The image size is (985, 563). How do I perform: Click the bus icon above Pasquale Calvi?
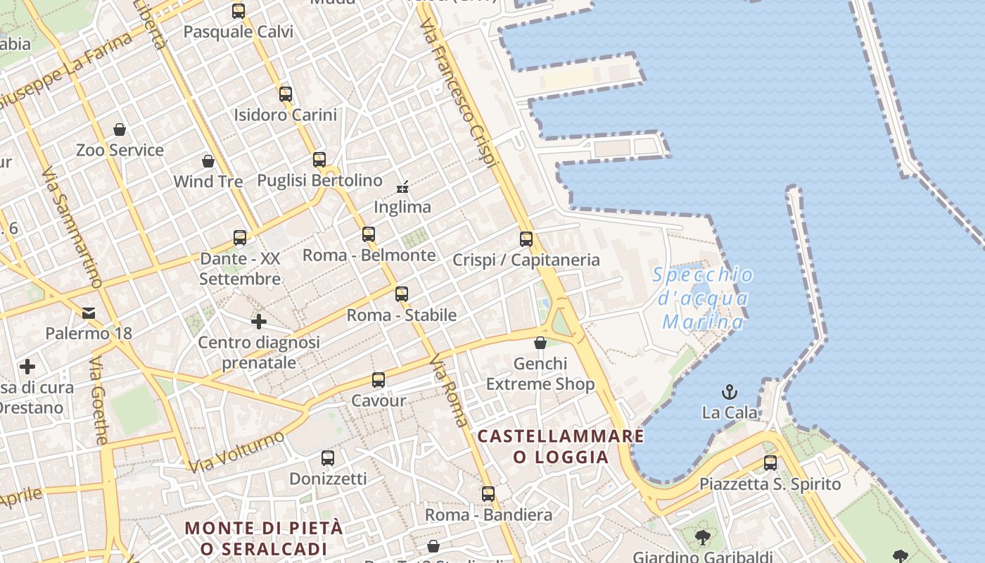239,11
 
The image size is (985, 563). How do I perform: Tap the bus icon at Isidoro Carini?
285,94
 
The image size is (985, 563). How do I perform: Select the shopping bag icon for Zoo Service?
120,129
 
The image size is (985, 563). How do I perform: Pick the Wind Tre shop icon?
208,161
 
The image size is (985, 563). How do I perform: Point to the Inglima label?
402,207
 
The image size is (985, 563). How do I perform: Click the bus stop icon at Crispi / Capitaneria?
526,239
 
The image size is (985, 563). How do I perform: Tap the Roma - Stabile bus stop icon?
402,294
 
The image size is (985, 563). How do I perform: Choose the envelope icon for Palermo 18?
89,312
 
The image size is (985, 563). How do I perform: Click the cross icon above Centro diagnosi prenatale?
259,322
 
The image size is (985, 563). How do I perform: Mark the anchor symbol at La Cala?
730,391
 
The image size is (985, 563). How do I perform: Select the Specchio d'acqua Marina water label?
703,298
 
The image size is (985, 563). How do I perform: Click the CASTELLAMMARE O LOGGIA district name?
561,446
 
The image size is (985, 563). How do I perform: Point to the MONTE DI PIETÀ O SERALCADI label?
264,538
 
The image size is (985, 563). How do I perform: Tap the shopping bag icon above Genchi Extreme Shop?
540,343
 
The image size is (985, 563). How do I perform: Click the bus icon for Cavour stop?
379,380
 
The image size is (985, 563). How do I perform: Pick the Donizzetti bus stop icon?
328,458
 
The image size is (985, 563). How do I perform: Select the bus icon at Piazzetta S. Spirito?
770,463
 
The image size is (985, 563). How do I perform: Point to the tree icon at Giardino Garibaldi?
702,538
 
